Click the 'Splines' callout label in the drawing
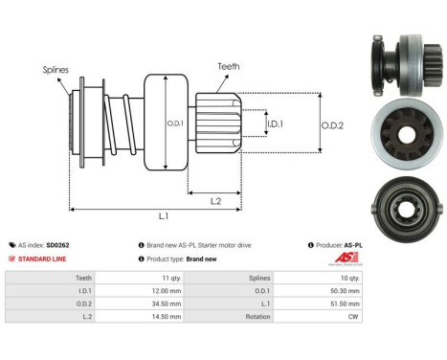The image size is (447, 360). pos(56,70)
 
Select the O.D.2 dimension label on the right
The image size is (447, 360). pos(333,122)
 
